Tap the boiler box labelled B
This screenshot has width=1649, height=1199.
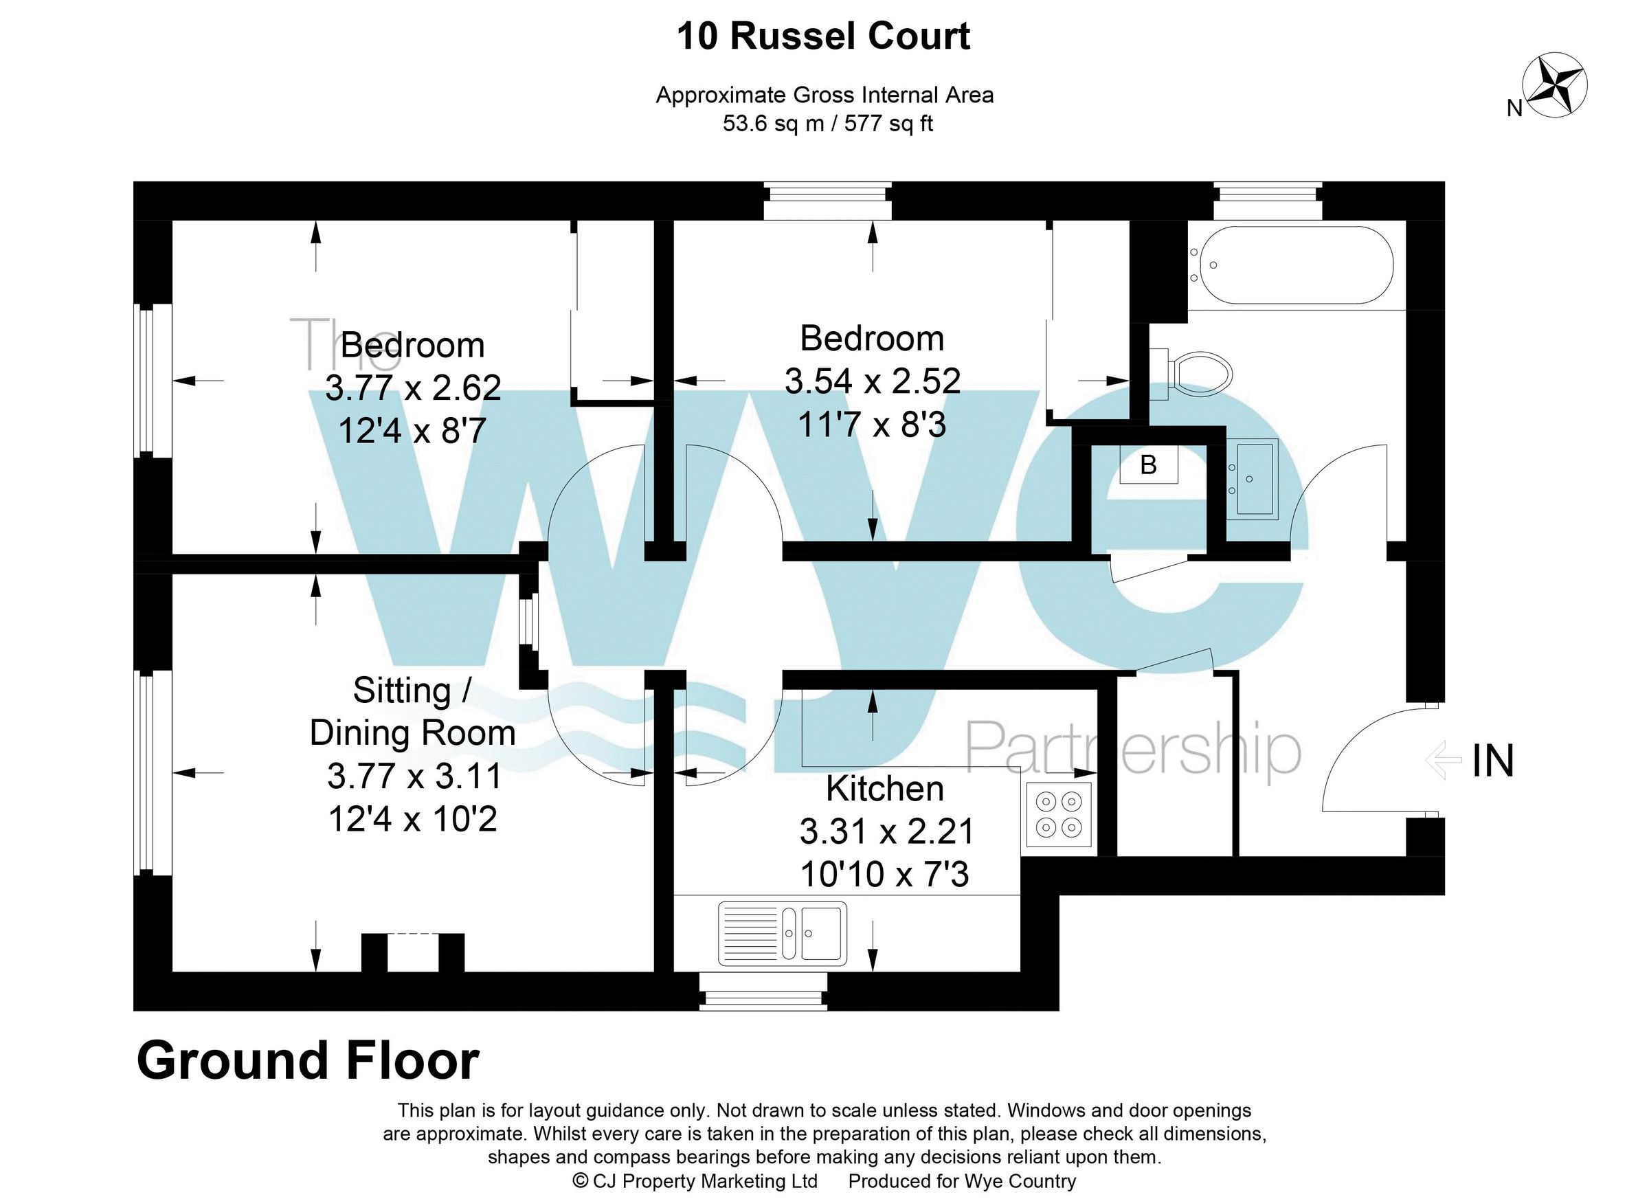1148,464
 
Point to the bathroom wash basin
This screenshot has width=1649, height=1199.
1252,479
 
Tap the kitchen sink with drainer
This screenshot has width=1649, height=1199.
783,934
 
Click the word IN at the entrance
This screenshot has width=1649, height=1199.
1492,761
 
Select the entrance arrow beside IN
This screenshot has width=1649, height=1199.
1444,761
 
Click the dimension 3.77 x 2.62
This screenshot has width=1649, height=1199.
412,388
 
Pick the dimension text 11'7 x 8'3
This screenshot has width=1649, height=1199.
872,424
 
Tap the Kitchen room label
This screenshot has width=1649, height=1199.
885,789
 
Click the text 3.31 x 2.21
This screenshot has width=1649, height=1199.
886,831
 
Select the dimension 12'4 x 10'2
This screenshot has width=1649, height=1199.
412,819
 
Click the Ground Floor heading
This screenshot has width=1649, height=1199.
308,1061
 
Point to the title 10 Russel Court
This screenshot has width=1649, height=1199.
823,36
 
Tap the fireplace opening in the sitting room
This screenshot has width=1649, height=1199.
413,952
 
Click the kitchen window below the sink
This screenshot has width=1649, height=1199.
763,990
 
